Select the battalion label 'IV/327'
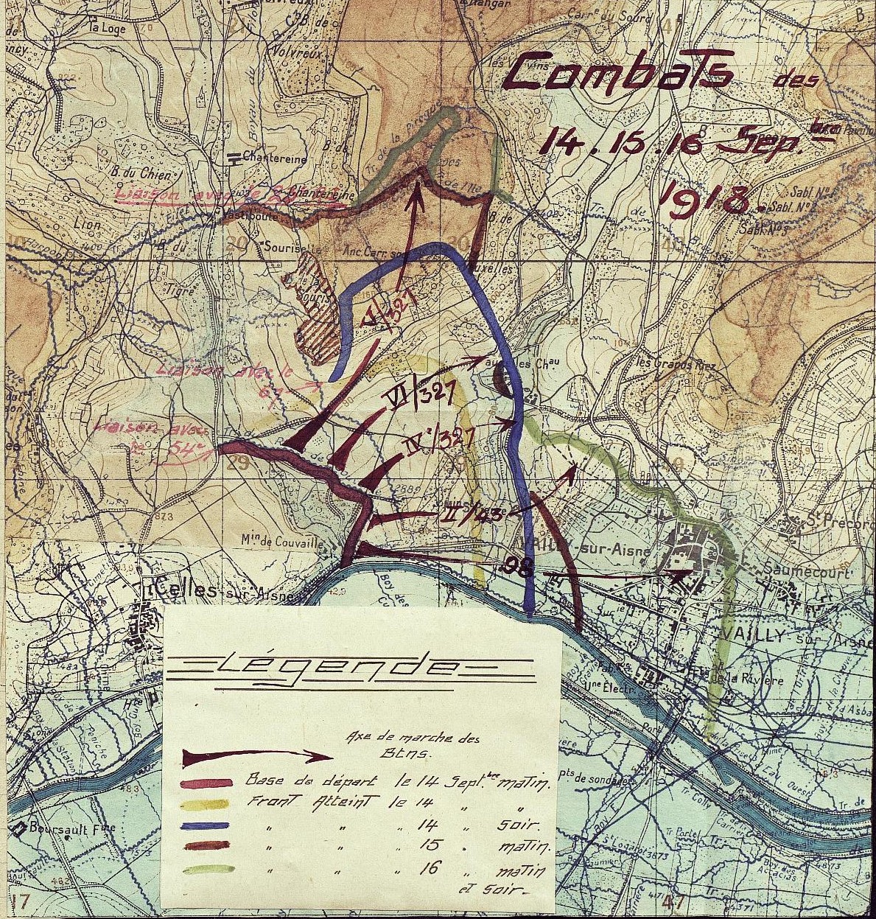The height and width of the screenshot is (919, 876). click(x=441, y=441)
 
